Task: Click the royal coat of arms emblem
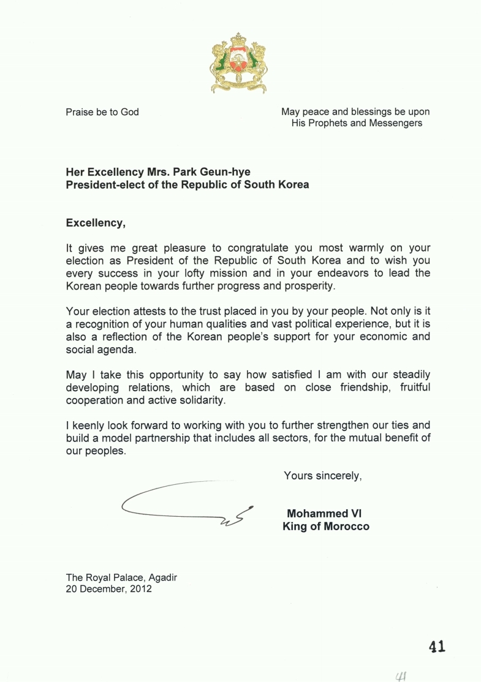pyautogui.click(x=238, y=63)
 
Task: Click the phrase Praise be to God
pyautogui.click(x=102, y=112)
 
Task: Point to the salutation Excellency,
pyautogui.click(x=96, y=223)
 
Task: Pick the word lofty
pyautogui.click(x=217, y=273)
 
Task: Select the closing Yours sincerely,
pyautogui.click(x=322, y=474)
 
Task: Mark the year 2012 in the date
pyautogui.click(x=140, y=590)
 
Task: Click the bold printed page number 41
pyautogui.click(x=436, y=646)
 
